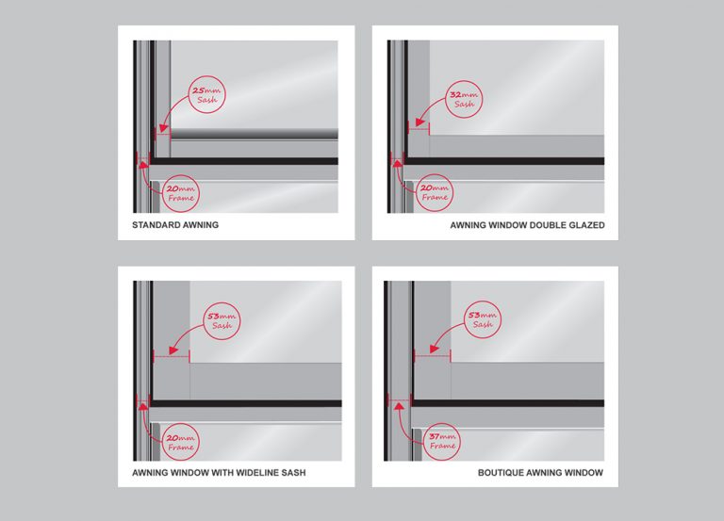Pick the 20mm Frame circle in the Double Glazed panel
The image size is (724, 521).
point(435,193)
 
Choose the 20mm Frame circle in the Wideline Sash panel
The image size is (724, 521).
point(179,438)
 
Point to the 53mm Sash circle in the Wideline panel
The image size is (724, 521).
point(221,321)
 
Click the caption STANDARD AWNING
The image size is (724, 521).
point(175,227)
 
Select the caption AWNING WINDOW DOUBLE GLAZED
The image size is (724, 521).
point(527,226)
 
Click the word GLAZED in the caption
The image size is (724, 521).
point(584,226)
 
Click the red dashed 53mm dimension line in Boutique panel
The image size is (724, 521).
point(433,356)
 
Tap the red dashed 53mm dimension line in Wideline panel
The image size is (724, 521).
point(171,356)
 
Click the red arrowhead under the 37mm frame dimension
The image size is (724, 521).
point(398,404)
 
